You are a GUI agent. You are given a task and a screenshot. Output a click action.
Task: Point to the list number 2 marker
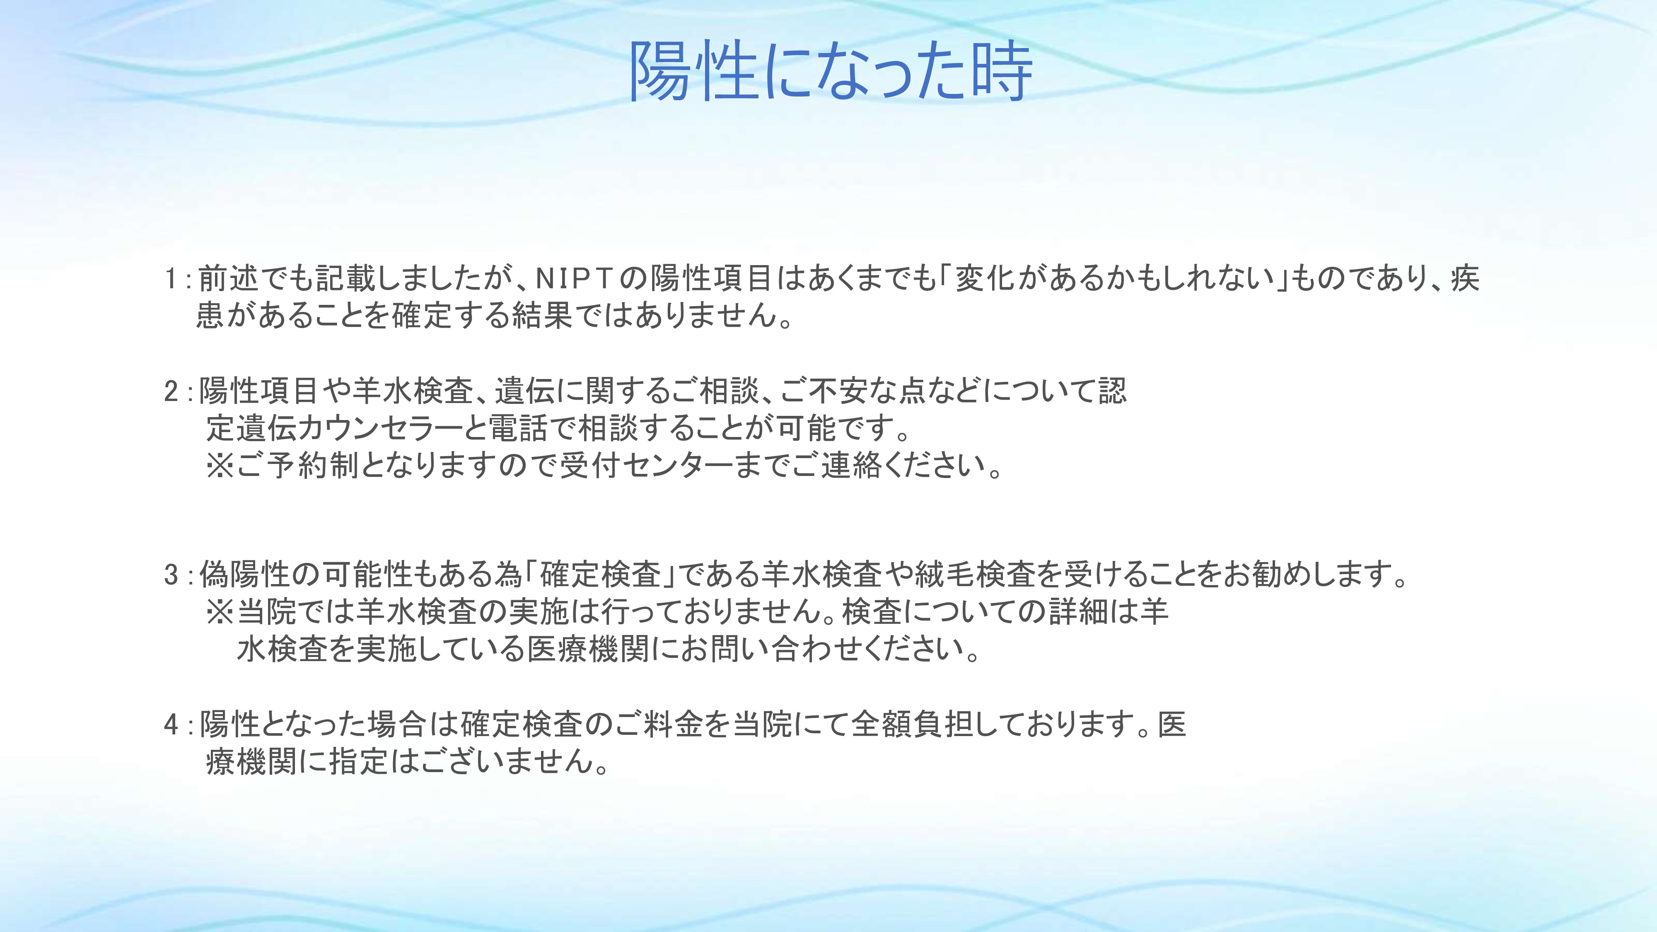click(171, 391)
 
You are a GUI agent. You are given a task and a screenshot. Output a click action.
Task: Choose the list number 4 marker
click(171, 724)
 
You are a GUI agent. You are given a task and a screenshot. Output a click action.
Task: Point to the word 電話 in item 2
click(519, 428)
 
